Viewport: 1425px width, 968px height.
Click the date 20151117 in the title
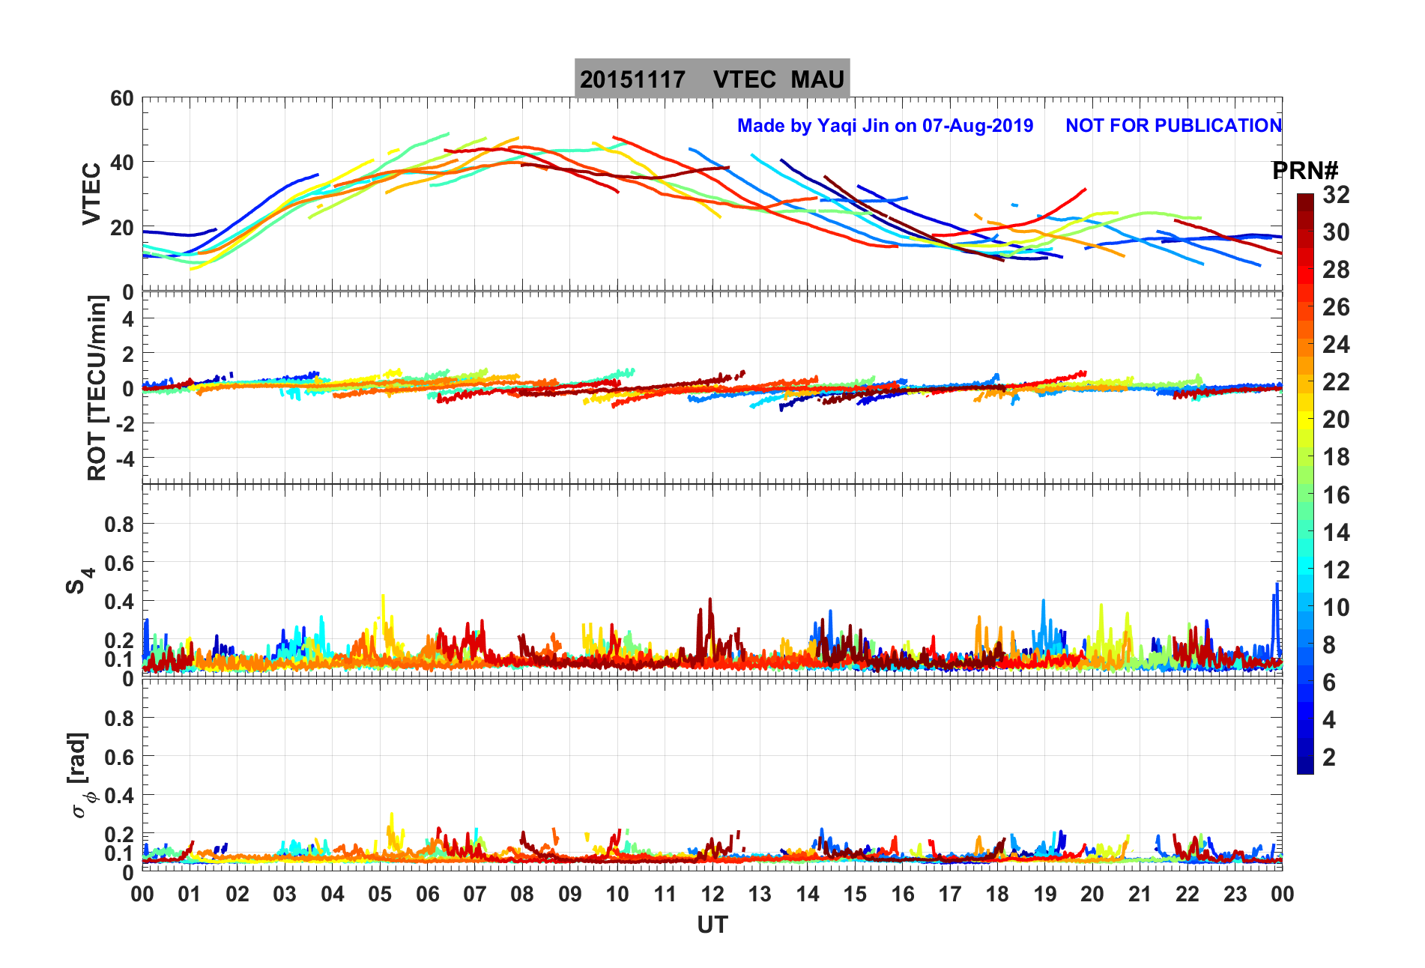pos(632,79)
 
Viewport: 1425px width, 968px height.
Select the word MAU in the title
pos(817,79)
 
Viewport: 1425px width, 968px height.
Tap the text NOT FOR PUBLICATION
pos(1173,125)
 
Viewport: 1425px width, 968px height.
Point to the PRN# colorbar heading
pos(1305,171)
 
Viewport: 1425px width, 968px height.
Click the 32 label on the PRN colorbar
pos(1336,195)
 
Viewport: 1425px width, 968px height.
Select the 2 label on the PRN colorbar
pos(1329,757)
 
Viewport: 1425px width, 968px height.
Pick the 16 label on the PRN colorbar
pos(1336,494)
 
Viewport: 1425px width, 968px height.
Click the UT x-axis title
pos(712,925)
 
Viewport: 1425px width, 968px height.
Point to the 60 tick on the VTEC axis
pos(121,99)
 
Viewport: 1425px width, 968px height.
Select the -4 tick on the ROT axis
pos(124,458)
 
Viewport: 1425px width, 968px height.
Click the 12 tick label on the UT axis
pos(712,894)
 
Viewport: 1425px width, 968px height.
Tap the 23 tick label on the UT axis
pos(1235,894)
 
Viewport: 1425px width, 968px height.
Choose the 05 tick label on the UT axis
pos(380,894)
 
